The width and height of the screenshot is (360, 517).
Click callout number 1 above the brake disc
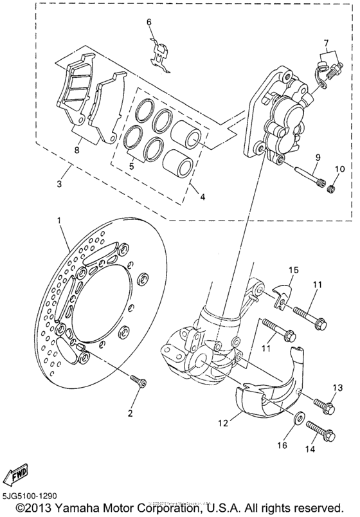(60, 221)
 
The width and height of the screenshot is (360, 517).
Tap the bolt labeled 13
(325, 406)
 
